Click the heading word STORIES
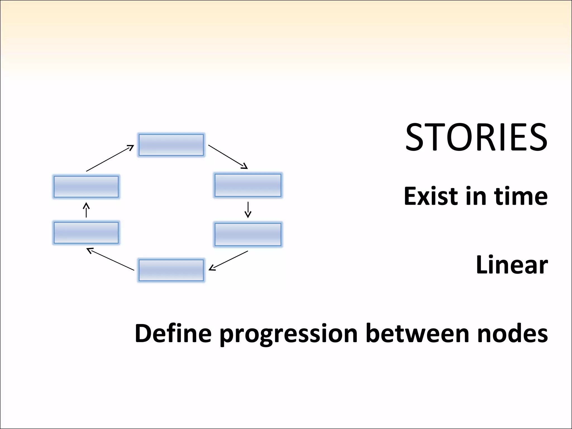[476, 138]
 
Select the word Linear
[512, 265]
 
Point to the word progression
[289, 334]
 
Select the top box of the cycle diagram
[171, 145]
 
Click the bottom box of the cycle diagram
[171, 270]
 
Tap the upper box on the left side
[86, 187]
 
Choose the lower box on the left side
[86, 233]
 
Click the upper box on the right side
[248, 185]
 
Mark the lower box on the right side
[248, 234]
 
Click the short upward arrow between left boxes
[86, 210]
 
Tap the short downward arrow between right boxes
[248, 210]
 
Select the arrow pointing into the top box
[110, 158]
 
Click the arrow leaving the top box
[228, 157]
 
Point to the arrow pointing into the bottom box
[228, 261]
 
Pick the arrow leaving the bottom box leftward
[111, 259]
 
